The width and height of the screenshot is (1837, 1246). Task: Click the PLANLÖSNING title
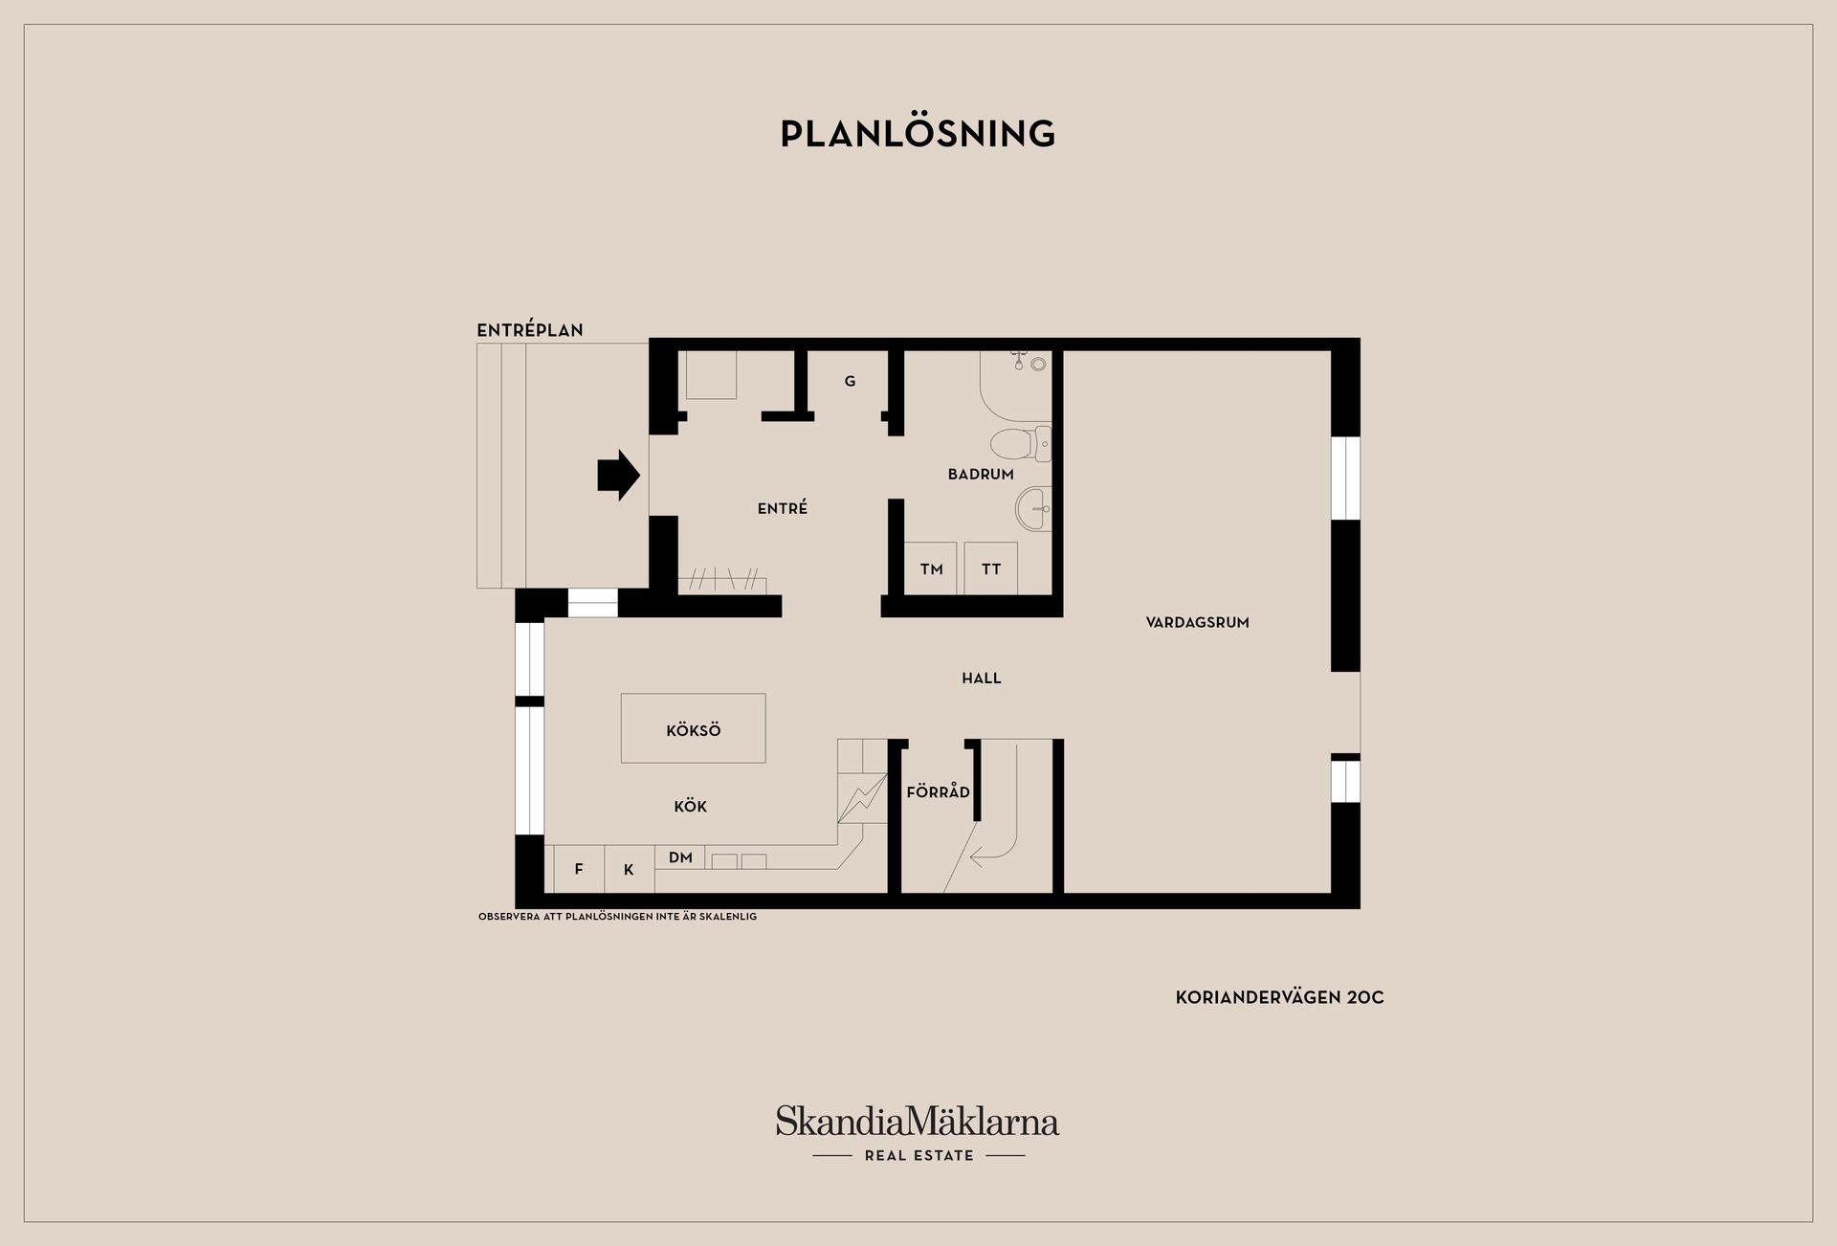click(918, 133)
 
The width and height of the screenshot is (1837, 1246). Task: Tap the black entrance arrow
click(619, 475)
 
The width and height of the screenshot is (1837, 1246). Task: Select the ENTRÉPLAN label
click(530, 330)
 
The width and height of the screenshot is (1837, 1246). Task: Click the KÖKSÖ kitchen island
click(693, 728)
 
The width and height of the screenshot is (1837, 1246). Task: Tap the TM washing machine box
click(931, 568)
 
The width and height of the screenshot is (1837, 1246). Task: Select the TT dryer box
click(990, 568)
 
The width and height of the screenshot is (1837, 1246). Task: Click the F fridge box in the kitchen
click(579, 869)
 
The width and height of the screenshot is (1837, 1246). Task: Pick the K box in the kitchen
click(630, 869)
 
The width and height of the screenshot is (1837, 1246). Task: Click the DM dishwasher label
click(680, 857)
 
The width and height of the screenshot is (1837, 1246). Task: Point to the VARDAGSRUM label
click(1198, 622)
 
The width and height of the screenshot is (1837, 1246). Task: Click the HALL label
click(982, 679)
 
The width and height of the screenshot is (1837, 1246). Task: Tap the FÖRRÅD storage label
click(939, 792)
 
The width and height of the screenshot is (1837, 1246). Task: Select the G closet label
click(850, 381)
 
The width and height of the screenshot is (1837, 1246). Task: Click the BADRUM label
click(981, 474)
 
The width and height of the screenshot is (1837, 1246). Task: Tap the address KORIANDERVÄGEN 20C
click(1280, 997)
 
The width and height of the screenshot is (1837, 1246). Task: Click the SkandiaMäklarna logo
click(918, 1133)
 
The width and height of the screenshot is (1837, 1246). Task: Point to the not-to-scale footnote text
click(617, 917)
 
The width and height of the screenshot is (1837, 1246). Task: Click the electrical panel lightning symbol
click(862, 797)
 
